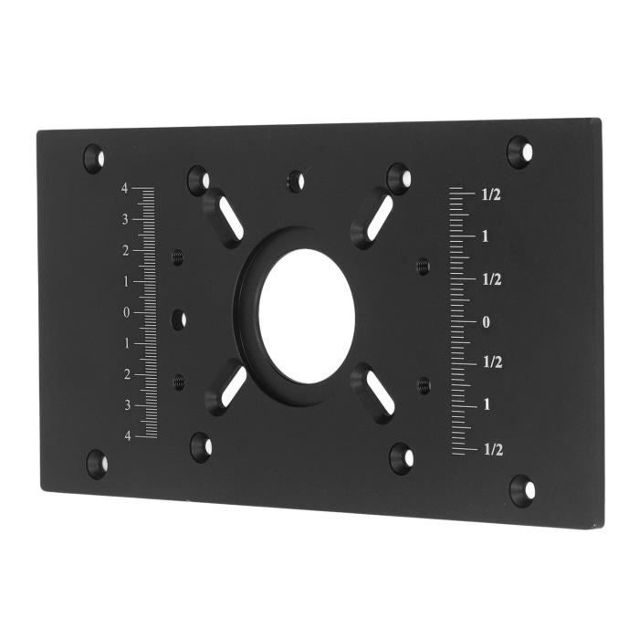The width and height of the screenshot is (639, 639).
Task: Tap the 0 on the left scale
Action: [x=126, y=312]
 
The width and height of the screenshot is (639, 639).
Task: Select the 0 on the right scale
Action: [x=487, y=321]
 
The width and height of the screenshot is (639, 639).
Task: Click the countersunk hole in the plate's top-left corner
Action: [x=94, y=158]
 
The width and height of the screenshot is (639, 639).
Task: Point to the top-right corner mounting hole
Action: [x=519, y=151]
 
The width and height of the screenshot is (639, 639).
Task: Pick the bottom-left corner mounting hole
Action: [x=97, y=463]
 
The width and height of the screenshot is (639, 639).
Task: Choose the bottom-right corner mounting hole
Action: [x=522, y=490]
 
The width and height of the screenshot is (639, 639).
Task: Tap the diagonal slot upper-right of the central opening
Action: [x=373, y=220]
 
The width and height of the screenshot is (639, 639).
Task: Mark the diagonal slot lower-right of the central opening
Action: [x=373, y=393]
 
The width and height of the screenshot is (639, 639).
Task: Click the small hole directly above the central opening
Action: [x=295, y=181]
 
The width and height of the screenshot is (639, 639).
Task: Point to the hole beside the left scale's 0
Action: [x=179, y=319]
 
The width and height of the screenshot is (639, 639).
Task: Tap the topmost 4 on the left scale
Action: [x=125, y=188]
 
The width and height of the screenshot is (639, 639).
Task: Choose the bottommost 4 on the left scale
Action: [x=127, y=435]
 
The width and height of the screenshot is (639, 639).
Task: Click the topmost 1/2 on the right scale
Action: [x=491, y=194]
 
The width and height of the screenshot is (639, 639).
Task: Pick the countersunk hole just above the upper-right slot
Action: [x=398, y=176]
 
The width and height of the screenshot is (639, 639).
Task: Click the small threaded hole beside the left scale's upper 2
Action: [x=178, y=258]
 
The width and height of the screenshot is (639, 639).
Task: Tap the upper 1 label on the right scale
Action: [x=486, y=236]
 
